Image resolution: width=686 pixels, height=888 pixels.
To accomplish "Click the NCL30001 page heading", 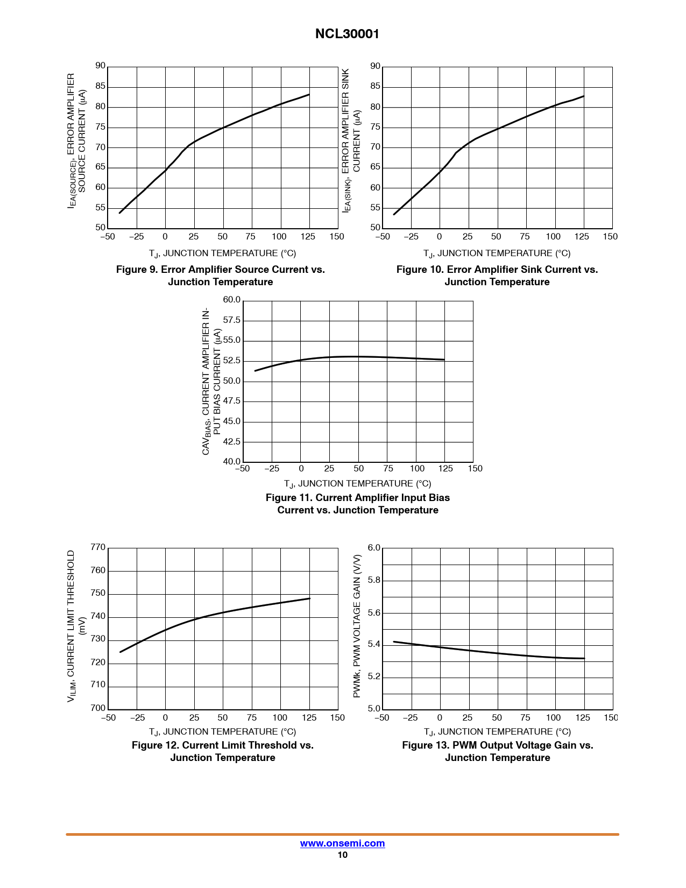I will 347,34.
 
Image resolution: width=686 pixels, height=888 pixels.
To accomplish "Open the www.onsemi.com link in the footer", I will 342,843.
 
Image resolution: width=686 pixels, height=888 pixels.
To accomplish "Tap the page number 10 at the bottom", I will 342,855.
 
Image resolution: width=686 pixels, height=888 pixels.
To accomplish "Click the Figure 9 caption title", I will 220,276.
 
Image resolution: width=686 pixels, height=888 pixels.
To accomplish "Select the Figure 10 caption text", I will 497,276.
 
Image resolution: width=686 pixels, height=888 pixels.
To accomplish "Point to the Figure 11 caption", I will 357,504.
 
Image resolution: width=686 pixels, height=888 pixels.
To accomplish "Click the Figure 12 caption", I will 222,751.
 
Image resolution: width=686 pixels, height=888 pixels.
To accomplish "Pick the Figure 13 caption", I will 497,751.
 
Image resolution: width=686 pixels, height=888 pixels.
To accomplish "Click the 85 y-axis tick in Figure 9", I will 100,86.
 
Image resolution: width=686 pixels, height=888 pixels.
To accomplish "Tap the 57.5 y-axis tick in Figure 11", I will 231,320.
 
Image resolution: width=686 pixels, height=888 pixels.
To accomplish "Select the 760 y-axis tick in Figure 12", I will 98,570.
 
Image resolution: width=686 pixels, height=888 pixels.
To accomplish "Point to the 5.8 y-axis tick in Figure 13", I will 373,580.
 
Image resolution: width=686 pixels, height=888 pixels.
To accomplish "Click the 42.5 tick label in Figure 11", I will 231,442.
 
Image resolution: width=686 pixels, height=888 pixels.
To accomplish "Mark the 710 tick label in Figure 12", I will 98,685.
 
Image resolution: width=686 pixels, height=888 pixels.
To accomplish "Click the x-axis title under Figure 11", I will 357,484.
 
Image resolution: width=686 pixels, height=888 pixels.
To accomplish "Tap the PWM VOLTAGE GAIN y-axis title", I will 357,626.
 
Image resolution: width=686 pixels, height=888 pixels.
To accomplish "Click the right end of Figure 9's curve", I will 309,95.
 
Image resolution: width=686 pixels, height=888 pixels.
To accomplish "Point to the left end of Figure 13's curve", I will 394,642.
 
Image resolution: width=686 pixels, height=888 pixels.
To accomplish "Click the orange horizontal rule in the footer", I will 342,834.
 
